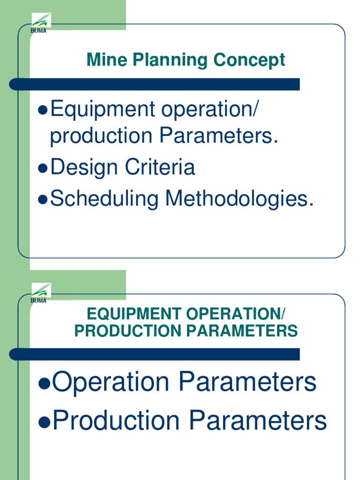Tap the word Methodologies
point(238,198)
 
